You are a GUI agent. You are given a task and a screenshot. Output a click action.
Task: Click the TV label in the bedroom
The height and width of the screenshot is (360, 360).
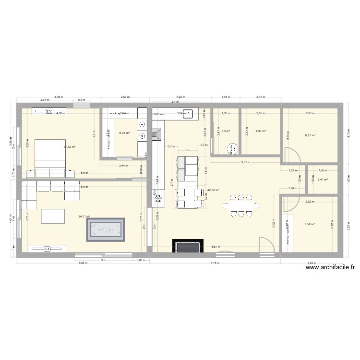(x=49, y=111)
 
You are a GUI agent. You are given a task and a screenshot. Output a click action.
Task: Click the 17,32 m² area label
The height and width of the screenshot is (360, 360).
(x=70, y=147)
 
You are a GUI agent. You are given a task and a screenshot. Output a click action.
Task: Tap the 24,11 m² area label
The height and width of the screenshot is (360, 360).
(x=84, y=216)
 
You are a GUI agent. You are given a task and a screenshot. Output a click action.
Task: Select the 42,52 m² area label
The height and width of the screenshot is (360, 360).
(x=213, y=190)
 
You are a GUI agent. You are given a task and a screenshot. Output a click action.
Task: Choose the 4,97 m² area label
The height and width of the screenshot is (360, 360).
(x=261, y=131)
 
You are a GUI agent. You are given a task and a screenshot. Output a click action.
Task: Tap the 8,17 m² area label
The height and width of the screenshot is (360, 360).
(x=310, y=135)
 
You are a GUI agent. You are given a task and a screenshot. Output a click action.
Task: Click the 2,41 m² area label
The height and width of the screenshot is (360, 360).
(x=323, y=180)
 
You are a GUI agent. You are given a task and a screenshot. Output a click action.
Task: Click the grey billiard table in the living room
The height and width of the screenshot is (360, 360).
(x=105, y=230)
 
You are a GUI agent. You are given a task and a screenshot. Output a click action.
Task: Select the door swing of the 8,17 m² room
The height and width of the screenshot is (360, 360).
(x=291, y=156)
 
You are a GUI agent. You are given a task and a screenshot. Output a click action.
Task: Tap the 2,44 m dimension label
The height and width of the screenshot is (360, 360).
(x=124, y=165)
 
